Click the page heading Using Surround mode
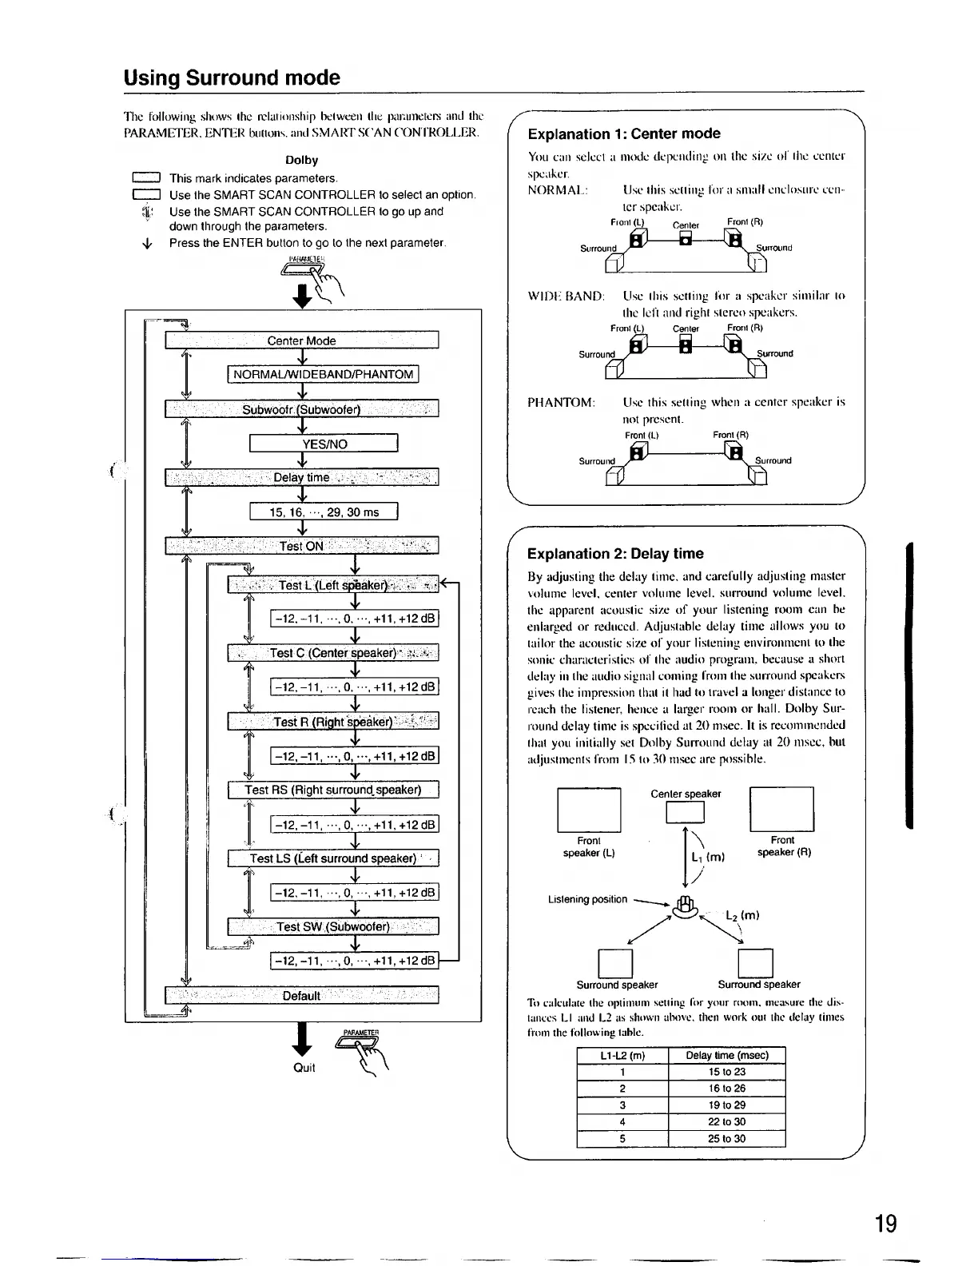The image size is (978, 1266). (232, 78)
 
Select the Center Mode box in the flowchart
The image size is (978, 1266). (301, 340)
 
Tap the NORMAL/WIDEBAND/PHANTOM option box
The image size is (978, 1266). (324, 374)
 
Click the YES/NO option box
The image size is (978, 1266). (324, 444)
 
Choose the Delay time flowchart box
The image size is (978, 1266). (301, 477)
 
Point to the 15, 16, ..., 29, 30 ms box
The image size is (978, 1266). (324, 512)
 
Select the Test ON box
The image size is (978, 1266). (301, 546)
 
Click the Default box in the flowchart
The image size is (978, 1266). (301, 996)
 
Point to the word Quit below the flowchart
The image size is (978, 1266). (304, 1068)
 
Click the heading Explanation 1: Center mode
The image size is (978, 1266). (624, 133)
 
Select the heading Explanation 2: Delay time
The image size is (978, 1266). (615, 553)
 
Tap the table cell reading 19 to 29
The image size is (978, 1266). (726, 1105)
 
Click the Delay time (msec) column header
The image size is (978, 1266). (726, 1055)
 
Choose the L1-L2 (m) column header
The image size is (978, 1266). (622, 1055)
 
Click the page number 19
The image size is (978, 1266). (885, 1224)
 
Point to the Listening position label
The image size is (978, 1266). (587, 899)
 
